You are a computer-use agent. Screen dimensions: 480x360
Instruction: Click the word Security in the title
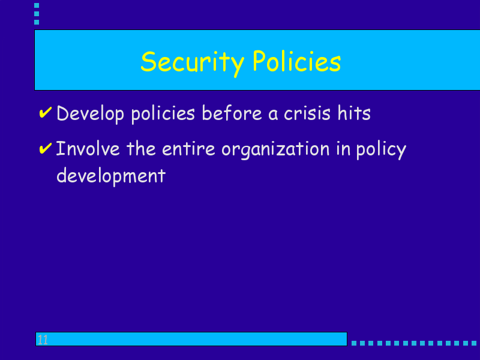click(x=192, y=63)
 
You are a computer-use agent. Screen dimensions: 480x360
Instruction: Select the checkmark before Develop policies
click(x=46, y=112)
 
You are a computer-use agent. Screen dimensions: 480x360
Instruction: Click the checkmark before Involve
click(x=46, y=148)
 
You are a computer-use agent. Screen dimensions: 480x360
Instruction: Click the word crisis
click(x=307, y=113)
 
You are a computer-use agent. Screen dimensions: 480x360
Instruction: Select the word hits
click(x=354, y=113)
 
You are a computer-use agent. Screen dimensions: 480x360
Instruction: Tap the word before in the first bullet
click(x=232, y=113)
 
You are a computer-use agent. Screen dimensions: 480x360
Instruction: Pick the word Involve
click(x=88, y=148)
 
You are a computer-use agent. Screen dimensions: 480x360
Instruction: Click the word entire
click(x=188, y=149)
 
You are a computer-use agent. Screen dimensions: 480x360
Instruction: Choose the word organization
click(x=275, y=150)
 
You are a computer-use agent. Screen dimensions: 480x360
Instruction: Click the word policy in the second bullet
click(x=381, y=151)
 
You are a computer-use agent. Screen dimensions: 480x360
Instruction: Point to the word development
click(x=111, y=177)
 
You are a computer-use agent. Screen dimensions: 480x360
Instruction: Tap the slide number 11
click(x=43, y=340)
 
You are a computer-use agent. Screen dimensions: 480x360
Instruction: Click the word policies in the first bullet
click(x=163, y=115)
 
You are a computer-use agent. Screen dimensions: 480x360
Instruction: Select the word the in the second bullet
click(x=141, y=148)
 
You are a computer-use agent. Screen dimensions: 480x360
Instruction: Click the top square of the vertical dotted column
click(x=37, y=5)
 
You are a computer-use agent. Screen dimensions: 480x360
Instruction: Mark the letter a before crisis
click(x=273, y=114)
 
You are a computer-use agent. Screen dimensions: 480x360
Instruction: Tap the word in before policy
click(x=343, y=149)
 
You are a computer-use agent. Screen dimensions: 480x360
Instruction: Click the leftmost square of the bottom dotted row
click(x=354, y=343)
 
